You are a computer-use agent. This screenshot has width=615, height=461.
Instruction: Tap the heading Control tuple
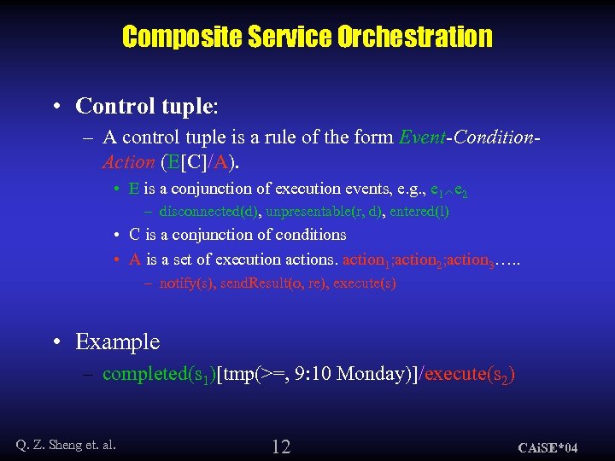coord(146,106)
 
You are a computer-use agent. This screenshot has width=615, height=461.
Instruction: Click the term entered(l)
coord(419,211)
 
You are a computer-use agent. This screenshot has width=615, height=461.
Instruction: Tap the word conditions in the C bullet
coord(313,235)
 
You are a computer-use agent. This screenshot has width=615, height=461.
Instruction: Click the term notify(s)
coord(188,283)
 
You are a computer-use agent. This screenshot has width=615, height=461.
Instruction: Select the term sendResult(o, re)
coord(273,283)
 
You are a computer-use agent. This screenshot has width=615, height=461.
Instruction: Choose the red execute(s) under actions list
coord(365,283)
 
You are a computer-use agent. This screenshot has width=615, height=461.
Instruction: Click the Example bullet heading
coord(117,341)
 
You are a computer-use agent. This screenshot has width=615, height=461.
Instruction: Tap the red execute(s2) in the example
coord(469,374)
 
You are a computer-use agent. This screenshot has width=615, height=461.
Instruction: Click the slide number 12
coord(281,446)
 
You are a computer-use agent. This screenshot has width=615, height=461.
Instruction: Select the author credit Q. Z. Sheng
coord(66,443)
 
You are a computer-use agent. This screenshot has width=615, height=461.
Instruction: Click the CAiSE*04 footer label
coord(548,447)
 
